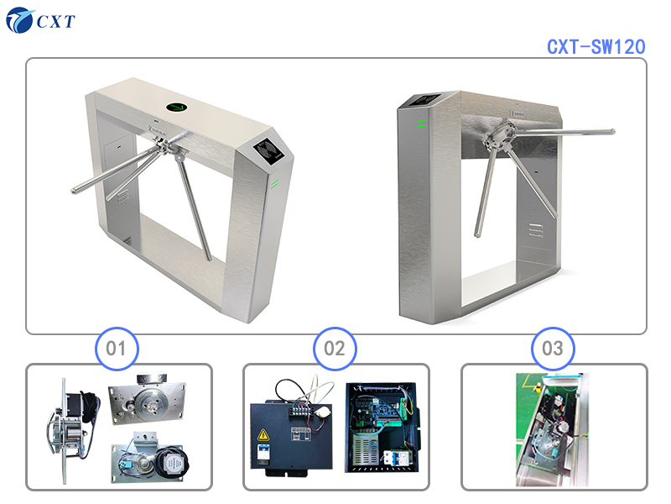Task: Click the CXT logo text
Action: (55, 20)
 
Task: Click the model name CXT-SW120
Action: (596, 47)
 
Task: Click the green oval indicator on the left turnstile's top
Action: (178, 107)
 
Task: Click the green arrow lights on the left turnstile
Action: (274, 183)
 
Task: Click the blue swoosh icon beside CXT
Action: (18, 20)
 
